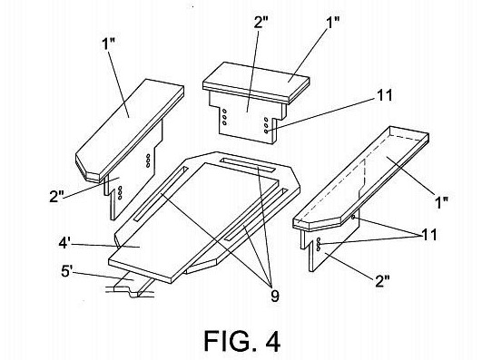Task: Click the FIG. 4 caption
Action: click(x=242, y=341)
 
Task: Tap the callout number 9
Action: click(x=274, y=297)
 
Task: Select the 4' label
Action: click(x=64, y=243)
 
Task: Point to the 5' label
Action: click(x=66, y=271)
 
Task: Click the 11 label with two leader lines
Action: click(x=429, y=235)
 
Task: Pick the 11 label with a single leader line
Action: click(x=385, y=95)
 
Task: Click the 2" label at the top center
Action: click(x=261, y=23)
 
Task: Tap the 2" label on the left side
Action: click(x=56, y=196)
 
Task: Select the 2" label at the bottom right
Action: click(x=382, y=281)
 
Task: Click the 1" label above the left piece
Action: click(x=108, y=44)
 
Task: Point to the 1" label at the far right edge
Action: click(x=442, y=202)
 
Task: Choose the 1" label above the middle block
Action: click(x=333, y=23)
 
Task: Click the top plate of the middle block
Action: click(x=256, y=83)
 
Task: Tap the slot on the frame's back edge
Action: click(x=248, y=165)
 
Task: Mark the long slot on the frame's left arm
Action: click(x=161, y=194)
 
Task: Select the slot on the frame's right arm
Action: click(x=256, y=215)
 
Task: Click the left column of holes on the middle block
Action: click(x=224, y=117)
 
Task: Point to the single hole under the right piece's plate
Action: click(x=353, y=218)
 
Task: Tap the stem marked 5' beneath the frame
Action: click(x=133, y=284)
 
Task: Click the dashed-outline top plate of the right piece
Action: click(x=361, y=178)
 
